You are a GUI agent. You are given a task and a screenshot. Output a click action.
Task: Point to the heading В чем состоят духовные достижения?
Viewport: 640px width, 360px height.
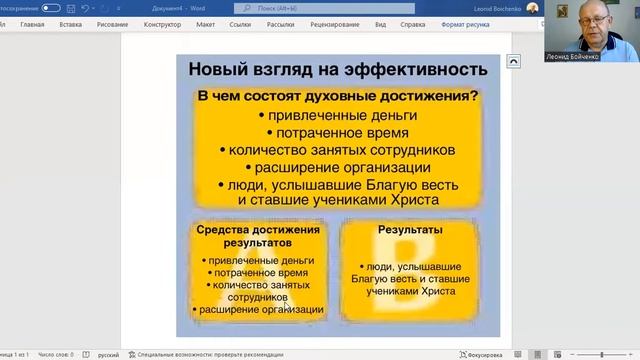tap(336, 97)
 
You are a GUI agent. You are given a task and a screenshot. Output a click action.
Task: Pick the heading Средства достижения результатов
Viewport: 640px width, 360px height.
tap(258, 236)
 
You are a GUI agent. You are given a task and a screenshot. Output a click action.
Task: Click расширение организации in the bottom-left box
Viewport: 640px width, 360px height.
tap(262, 309)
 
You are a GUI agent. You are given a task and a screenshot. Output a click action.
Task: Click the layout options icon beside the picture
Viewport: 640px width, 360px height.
tap(513, 61)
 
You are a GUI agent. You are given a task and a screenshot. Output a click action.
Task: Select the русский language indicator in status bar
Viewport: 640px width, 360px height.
tap(108, 354)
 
